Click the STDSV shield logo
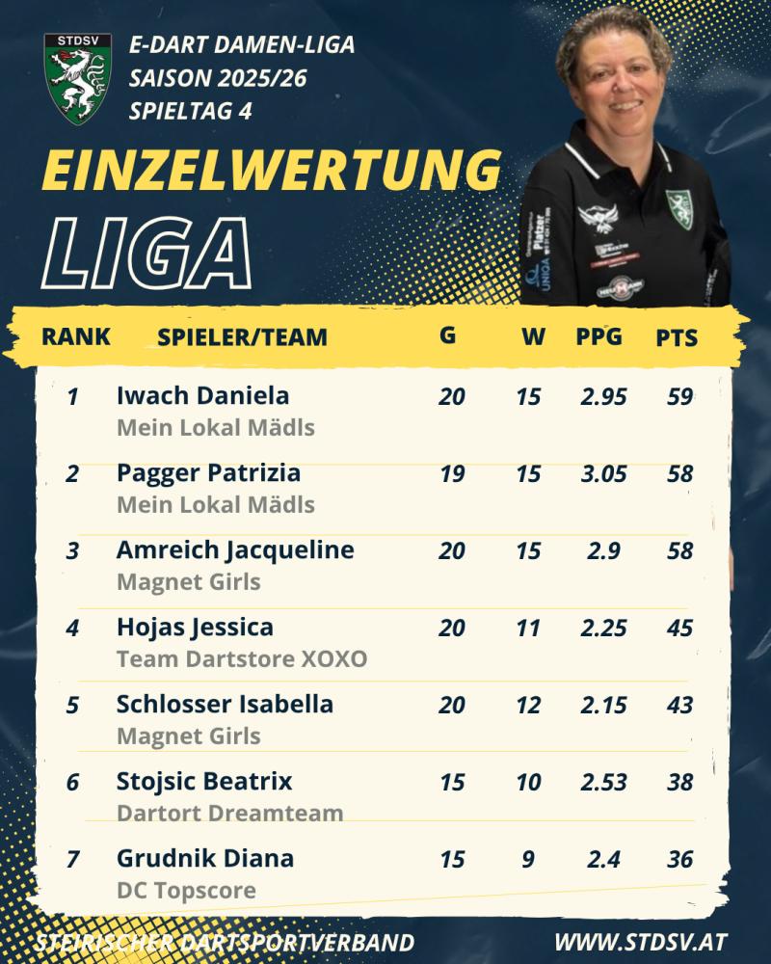click(78, 77)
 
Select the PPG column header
click(599, 337)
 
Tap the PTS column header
click(677, 338)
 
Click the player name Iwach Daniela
click(202, 395)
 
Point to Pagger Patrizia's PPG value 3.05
click(603, 473)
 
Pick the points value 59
click(679, 396)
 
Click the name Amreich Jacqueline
click(235, 550)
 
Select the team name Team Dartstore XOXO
click(242, 659)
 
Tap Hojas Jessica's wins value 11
click(528, 628)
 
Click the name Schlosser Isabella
click(225, 705)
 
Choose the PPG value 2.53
click(603, 782)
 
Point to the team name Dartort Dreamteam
click(229, 813)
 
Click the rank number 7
click(72, 859)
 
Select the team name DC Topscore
click(186, 890)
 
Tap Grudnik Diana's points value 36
click(679, 859)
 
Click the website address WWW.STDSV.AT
click(641, 942)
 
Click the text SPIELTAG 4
click(191, 111)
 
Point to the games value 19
click(451, 473)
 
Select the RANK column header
click(76, 337)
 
